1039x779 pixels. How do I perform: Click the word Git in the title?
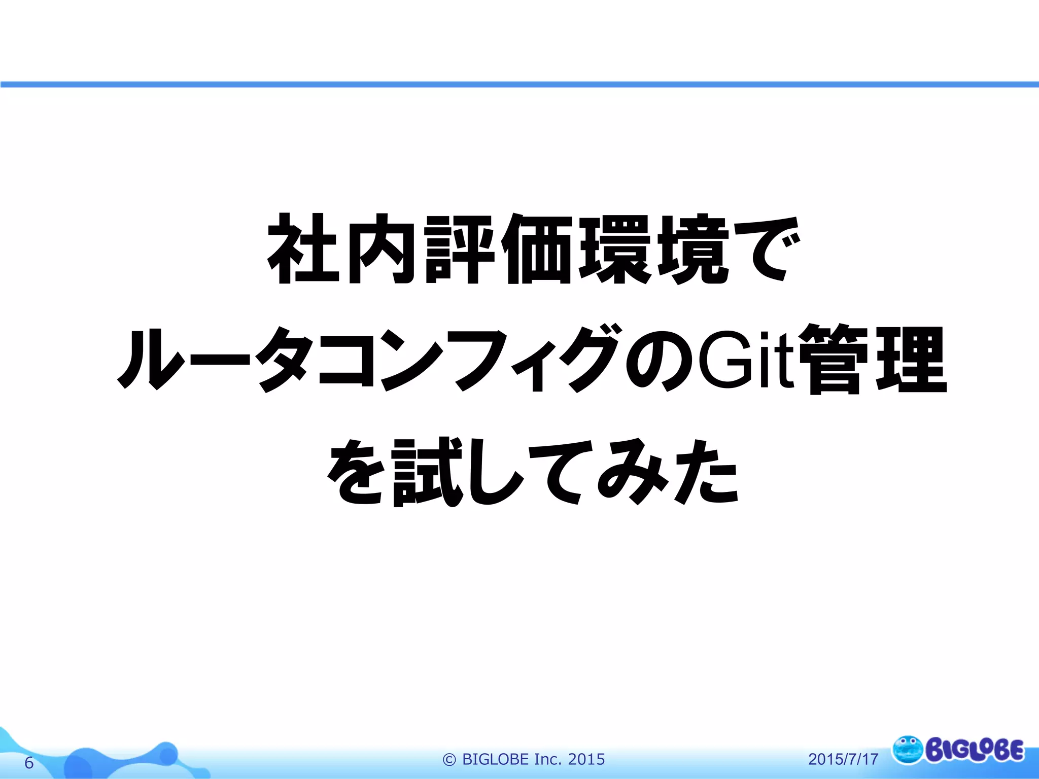(745, 360)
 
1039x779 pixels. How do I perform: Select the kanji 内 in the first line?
(382, 249)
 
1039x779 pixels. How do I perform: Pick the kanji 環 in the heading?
(616, 249)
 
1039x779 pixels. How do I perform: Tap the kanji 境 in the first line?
(694, 249)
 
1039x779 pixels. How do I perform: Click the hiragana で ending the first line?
(766, 249)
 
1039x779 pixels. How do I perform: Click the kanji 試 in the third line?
(429, 472)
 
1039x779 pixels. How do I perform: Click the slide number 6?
(29, 763)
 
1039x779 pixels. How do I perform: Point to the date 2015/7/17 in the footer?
(843, 759)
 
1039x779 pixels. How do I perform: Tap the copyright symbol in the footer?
(449, 759)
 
